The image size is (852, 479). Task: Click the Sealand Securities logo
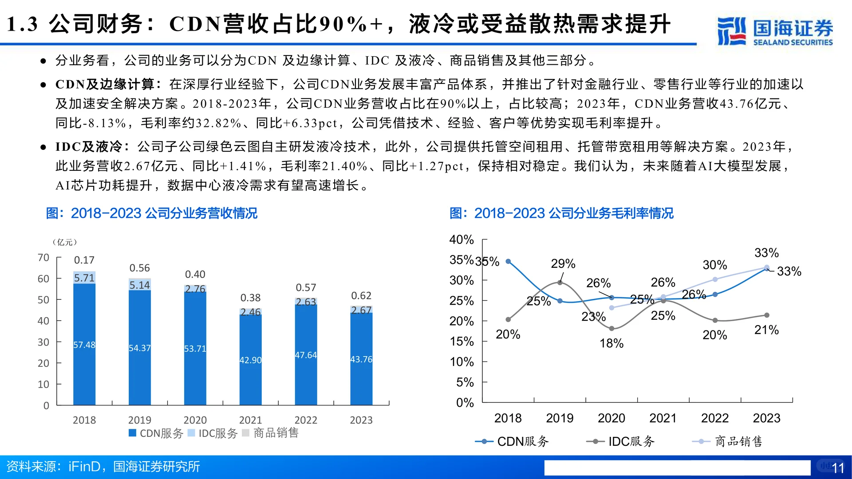pos(775,31)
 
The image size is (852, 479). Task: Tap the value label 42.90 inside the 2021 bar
pos(250,360)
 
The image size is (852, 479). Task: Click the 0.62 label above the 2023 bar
pos(361,295)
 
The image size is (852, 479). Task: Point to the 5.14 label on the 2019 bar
pos(139,285)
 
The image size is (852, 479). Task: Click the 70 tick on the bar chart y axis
pos(43,258)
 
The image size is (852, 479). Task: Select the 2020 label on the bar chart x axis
pos(195,420)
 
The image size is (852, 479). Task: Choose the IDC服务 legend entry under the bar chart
pos(213,433)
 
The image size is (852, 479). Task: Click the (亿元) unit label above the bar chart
pos(65,242)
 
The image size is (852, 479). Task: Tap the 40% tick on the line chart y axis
pos(461,239)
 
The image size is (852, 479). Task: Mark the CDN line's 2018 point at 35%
pos(508,262)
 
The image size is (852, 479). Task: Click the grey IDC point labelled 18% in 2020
pos(611,329)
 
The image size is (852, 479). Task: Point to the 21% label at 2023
pos(766,330)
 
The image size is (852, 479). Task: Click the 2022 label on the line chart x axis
pos(714,418)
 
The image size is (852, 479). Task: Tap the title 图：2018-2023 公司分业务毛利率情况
pos(561,213)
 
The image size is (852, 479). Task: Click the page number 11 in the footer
pos(838,468)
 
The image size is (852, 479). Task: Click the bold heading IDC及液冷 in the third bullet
pos(89,147)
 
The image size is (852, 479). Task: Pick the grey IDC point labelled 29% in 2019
pos(560,283)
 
